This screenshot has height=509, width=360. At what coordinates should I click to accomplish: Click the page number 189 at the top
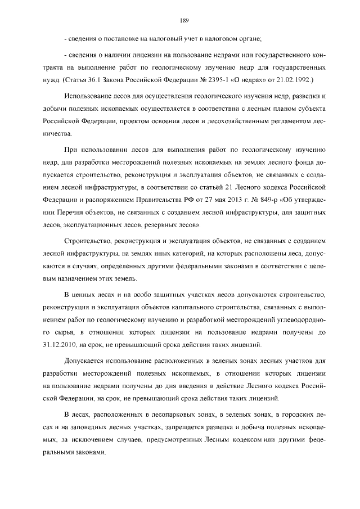coord(183,21)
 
